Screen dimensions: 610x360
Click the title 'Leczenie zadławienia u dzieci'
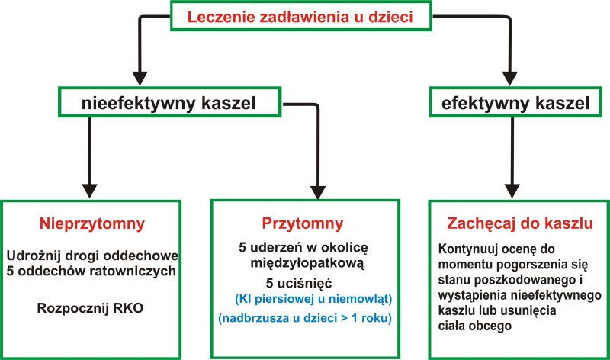pyautogui.click(x=300, y=17)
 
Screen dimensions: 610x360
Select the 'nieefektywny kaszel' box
pyautogui.click(x=169, y=102)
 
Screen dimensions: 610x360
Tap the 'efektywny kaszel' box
pyautogui.click(x=515, y=102)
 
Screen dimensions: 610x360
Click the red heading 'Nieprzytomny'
pyautogui.click(x=91, y=223)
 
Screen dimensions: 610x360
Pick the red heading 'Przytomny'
pyautogui.click(x=302, y=223)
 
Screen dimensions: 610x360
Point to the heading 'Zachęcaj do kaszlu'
pyautogui.click(x=520, y=223)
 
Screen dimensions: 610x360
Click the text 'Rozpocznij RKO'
pyautogui.click(x=90, y=308)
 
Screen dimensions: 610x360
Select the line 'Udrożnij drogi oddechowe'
pyautogui.click(x=92, y=256)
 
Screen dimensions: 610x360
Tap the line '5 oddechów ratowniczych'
pyautogui.click(x=91, y=271)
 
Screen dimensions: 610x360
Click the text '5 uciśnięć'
pyautogui.click(x=299, y=283)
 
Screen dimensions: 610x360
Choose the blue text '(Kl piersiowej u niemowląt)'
pyautogui.click(x=313, y=299)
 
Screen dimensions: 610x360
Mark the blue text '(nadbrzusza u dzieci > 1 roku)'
pyautogui.click(x=305, y=318)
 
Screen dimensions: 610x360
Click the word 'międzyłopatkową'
pyautogui.click(x=307, y=263)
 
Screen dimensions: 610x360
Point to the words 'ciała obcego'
pyautogui.click(x=474, y=326)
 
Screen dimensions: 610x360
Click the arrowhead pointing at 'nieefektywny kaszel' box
pyautogui.click(x=140, y=79)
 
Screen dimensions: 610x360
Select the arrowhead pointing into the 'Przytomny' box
pyautogui.click(x=318, y=193)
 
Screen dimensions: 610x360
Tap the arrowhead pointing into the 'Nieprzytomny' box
pyautogui.click(x=90, y=191)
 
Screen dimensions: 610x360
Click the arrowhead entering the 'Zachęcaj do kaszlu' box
pyautogui.click(x=512, y=191)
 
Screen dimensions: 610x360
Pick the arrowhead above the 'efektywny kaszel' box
pyautogui.click(x=509, y=79)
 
